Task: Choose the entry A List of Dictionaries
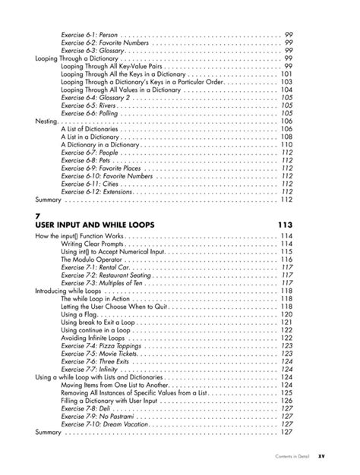pyautogui.click(x=90, y=129)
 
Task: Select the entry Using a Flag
pyautogui.click(x=80, y=314)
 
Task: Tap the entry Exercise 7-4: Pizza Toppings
pyautogui.click(x=96, y=345)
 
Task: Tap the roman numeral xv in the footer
pyautogui.click(x=321, y=458)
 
